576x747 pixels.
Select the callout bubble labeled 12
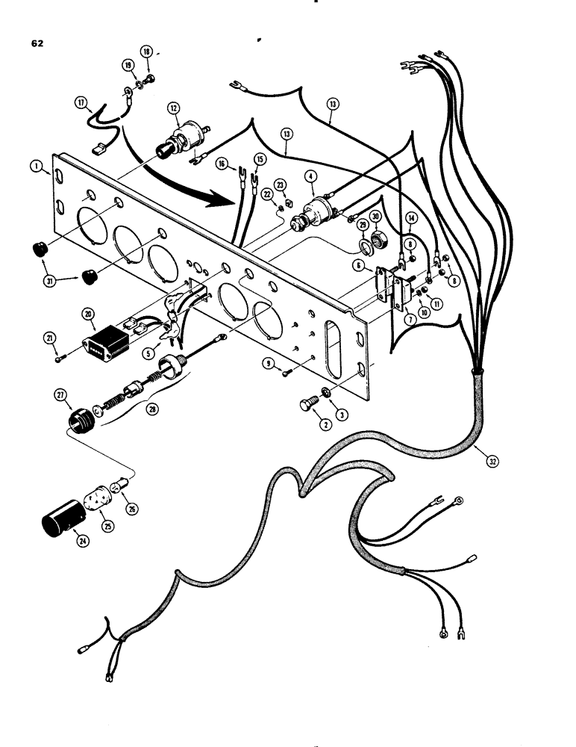[x=174, y=109]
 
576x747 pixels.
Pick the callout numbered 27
[x=60, y=395]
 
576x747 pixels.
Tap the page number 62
[x=37, y=43]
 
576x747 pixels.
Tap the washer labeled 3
[x=325, y=394]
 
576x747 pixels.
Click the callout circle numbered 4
[x=310, y=177]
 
